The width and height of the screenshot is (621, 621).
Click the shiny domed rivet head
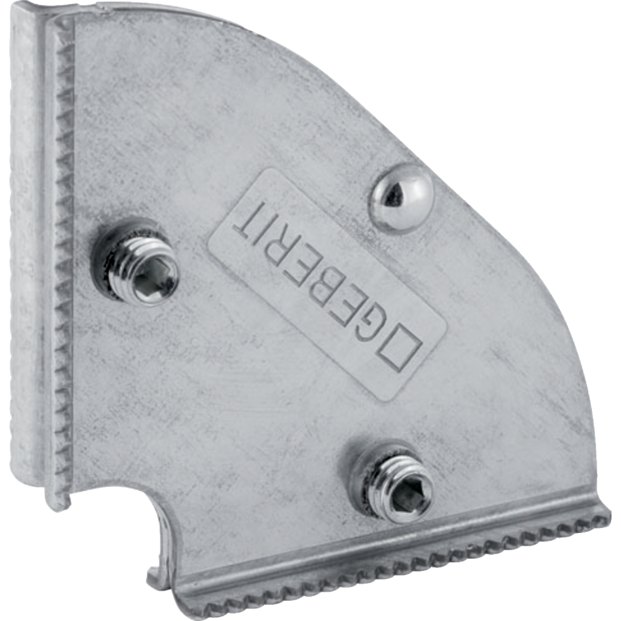402,197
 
